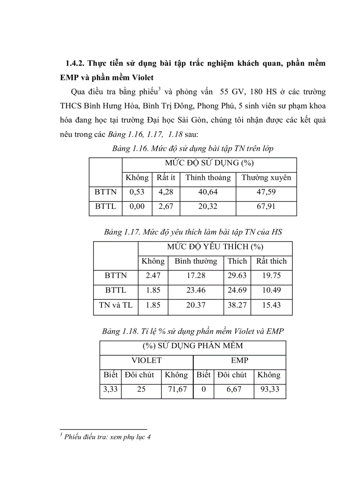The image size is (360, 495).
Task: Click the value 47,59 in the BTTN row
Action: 266,192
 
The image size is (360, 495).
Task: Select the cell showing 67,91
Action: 266,206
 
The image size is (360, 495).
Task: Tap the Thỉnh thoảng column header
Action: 208,178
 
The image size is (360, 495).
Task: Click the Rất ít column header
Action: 166,178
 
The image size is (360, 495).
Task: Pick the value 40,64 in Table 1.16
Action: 208,192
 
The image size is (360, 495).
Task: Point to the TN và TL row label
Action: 116,305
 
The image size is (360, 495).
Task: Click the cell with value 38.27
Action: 237,305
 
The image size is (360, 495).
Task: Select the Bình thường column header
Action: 196,261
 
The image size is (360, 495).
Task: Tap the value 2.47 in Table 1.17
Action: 153,275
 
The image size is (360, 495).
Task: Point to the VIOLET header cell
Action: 146,361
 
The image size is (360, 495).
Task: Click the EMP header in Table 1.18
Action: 240,361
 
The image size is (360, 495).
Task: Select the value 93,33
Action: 269,390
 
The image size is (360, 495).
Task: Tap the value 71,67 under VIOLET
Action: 176,390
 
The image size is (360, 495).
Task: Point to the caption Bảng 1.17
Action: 121,232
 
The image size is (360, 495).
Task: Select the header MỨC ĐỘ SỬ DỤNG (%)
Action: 209,163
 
